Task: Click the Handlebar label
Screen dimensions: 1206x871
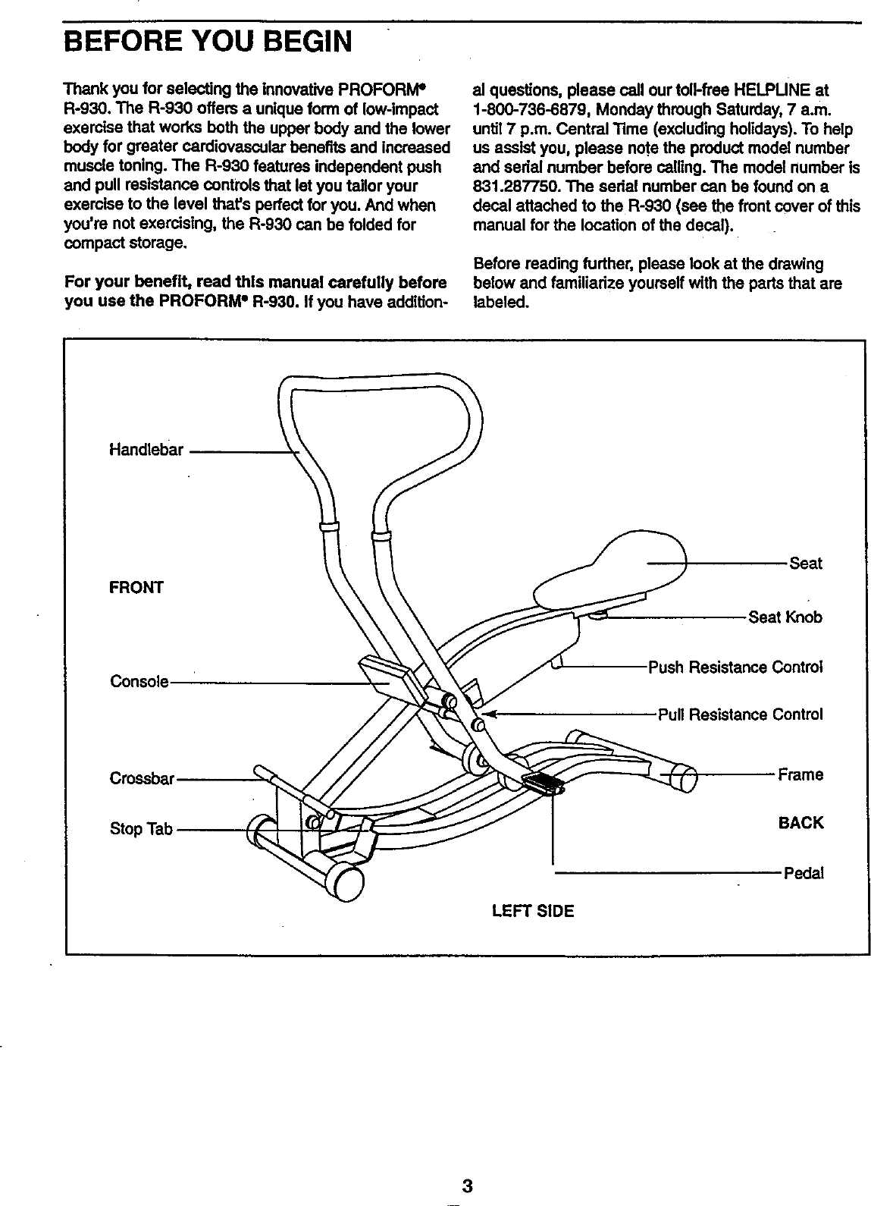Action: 146,451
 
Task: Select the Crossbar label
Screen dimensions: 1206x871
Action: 143,779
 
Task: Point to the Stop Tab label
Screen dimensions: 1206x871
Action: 142,829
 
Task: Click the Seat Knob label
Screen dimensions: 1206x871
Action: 785,617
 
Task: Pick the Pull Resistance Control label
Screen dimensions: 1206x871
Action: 740,715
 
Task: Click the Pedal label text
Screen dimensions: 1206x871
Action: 803,874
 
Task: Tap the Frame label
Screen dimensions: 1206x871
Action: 800,775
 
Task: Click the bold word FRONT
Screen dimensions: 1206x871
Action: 136,588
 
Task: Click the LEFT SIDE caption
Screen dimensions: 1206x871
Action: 533,911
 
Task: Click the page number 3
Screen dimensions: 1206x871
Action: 468,1186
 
